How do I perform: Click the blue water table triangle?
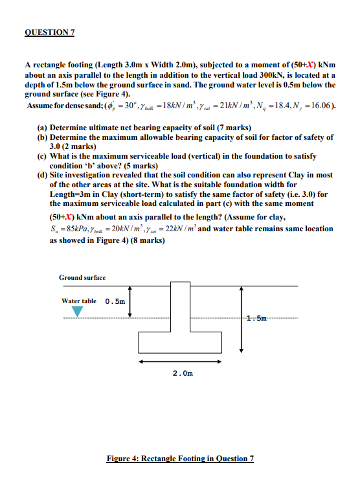click(x=77, y=312)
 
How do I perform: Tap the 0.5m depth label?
click(x=115, y=301)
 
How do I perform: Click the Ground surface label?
click(x=82, y=278)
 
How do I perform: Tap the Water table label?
click(x=79, y=301)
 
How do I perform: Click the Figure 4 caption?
click(x=180, y=459)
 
